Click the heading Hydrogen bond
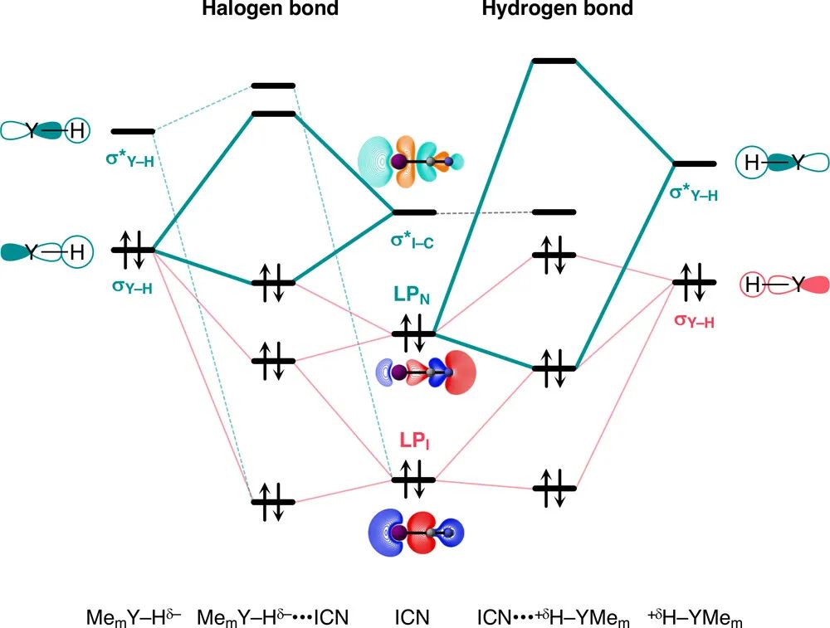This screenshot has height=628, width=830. (x=557, y=10)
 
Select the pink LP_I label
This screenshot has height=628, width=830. (x=413, y=441)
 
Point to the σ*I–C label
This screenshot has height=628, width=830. (x=413, y=239)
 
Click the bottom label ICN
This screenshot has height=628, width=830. (x=413, y=618)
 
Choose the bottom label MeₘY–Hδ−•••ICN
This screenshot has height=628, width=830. (x=273, y=618)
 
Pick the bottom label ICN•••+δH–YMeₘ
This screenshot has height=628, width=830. (x=554, y=618)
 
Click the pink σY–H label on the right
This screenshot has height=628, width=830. (x=694, y=319)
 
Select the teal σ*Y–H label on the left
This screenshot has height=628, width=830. (x=130, y=158)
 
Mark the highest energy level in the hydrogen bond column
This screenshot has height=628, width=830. (x=554, y=61)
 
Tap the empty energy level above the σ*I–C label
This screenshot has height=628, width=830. (x=413, y=212)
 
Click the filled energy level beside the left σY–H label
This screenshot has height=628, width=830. (x=133, y=249)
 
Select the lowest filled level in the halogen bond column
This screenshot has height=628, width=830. (x=273, y=501)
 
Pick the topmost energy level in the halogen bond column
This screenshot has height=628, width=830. (x=273, y=85)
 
